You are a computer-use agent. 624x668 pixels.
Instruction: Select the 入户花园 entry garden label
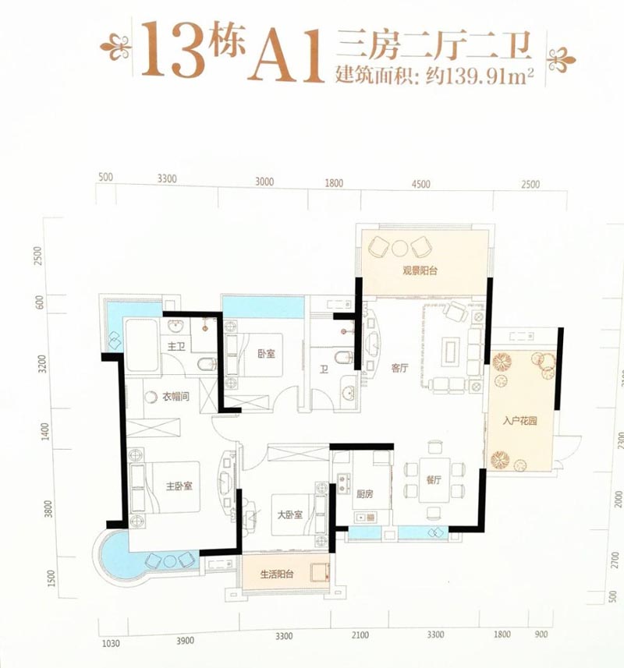(x=518, y=421)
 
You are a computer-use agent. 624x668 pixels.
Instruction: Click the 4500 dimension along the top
(x=420, y=184)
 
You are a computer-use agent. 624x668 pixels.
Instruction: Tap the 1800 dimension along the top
(x=334, y=184)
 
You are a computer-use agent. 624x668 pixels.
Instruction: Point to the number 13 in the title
(x=169, y=51)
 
